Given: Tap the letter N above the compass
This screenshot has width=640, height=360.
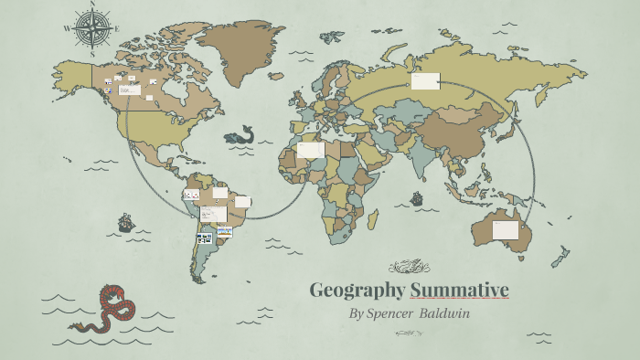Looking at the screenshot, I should (x=92, y=6).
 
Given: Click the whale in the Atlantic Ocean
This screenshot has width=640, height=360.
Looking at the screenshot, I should (x=240, y=135).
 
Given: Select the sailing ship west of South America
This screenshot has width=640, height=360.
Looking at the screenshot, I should (x=125, y=222).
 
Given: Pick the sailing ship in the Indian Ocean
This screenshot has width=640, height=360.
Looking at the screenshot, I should (x=417, y=197).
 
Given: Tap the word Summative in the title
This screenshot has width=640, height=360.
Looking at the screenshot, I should (x=459, y=291).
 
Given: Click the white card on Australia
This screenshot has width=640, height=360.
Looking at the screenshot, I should (x=506, y=229).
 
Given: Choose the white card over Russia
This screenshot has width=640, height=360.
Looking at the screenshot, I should (x=425, y=82).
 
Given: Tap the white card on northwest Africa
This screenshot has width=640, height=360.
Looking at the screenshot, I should (x=310, y=150).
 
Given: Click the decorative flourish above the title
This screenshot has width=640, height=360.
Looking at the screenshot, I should (x=408, y=268).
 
